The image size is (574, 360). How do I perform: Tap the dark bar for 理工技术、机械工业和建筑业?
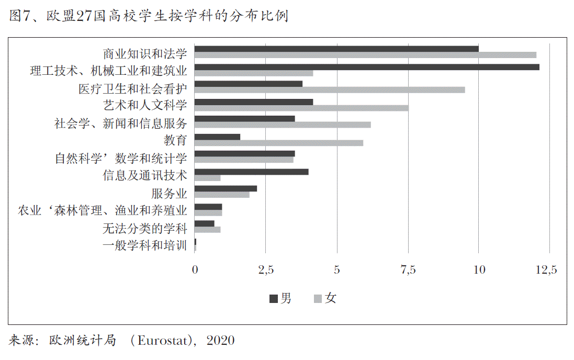click(367, 67)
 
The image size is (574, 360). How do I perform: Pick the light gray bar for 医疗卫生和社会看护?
click(330, 90)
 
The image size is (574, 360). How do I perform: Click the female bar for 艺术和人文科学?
click(301, 108)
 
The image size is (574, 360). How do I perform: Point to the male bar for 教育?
click(217, 137)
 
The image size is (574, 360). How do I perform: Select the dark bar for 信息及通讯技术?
click(251, 172)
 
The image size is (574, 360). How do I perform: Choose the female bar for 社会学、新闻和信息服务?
click(283, 125)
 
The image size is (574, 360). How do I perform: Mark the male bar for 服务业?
click(226, 188)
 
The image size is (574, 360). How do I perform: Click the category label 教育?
click(175, 140)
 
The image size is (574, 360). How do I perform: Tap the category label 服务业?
click(169, 193)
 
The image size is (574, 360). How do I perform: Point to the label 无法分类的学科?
click(144, 228)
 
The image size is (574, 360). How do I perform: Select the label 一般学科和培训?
click(144, 245)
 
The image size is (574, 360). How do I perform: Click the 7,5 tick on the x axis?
click(408, 270)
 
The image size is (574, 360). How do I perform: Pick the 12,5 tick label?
click(547, 270)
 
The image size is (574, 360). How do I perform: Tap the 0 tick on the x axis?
click(195, 270)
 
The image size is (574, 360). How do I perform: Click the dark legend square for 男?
click(274, 299)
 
